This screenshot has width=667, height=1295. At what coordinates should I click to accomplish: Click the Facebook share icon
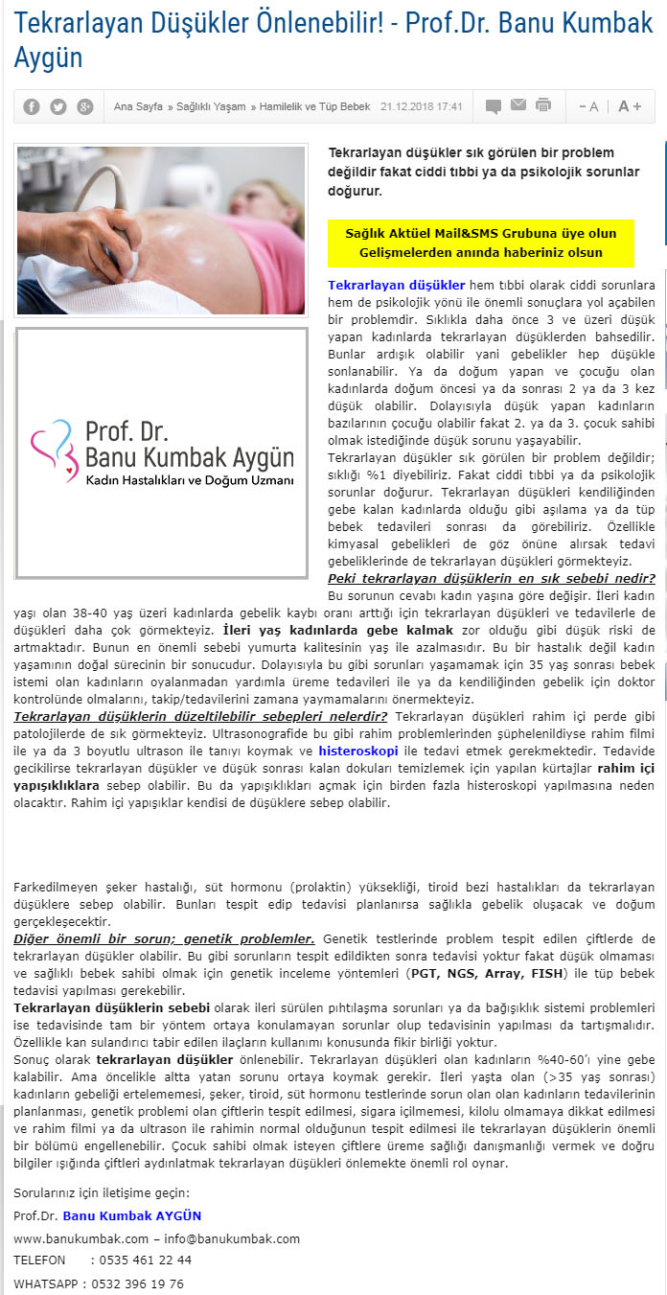point(32,106)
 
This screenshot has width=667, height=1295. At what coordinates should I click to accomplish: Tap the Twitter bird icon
point(58,106)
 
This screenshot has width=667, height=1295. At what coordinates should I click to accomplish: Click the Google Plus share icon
point(85,106)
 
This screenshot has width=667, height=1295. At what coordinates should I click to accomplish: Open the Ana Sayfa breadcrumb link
point(137,106)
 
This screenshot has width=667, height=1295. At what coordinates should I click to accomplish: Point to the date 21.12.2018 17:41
point(422,106)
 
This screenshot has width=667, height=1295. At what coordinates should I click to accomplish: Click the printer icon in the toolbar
point(543,105)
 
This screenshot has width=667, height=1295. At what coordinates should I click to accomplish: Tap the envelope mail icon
point(518,105)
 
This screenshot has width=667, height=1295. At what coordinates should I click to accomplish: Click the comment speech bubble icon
point(494,106)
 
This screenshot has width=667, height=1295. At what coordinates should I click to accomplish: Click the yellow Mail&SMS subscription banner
point(481,243)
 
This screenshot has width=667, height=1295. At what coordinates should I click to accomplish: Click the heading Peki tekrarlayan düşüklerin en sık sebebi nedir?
point(492,578)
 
